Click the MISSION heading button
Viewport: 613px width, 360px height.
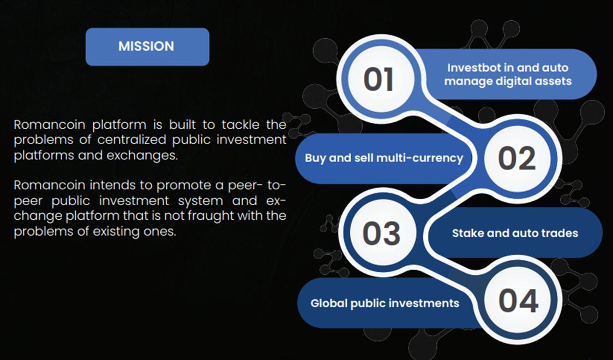point(147,46)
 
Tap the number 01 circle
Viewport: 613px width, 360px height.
point(379,79)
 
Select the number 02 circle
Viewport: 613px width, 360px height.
point(517,159)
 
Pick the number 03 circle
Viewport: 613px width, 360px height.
point(381,233)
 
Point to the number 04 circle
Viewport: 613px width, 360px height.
point(518,301)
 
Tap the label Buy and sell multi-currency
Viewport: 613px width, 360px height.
point(384,158)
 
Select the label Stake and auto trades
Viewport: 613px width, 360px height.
point(515,233)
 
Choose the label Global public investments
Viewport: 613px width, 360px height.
point(384,303)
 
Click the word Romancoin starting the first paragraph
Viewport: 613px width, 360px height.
point(49,125)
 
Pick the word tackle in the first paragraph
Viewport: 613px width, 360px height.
point(239,125)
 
